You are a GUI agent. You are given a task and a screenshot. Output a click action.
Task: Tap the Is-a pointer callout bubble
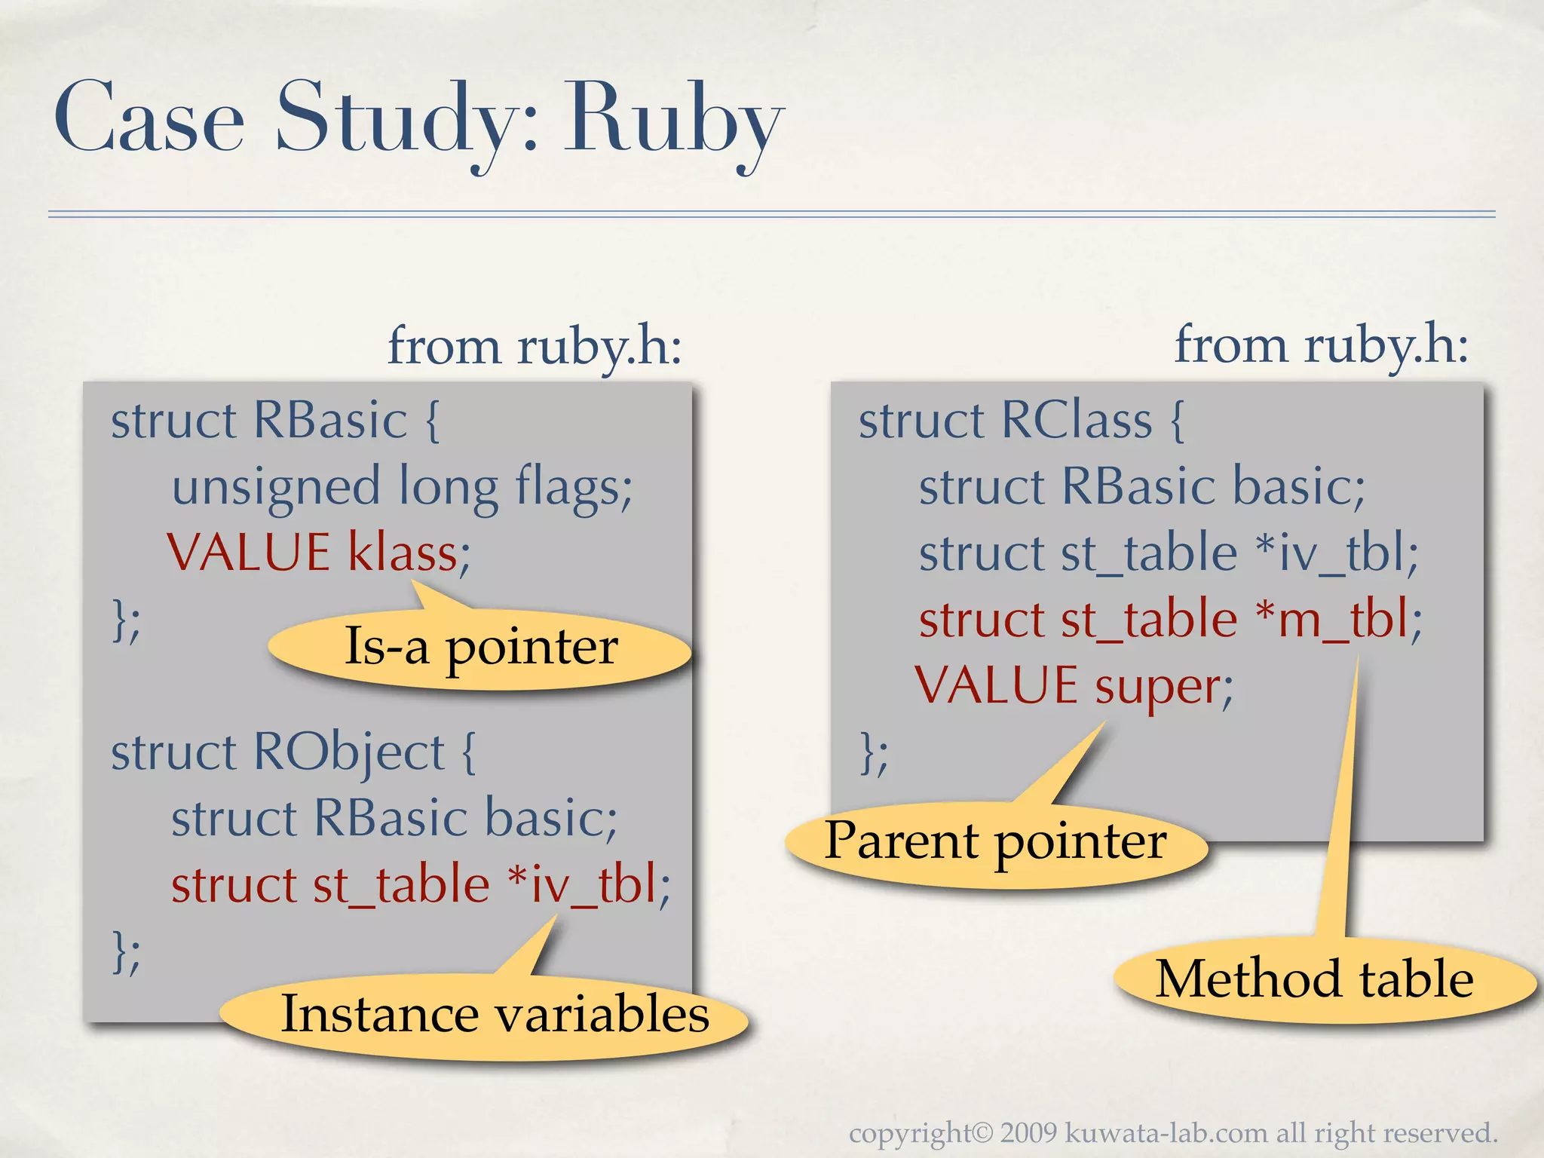[x=480, y=648]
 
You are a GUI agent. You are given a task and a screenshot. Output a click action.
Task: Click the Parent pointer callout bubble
[x=995, y=842]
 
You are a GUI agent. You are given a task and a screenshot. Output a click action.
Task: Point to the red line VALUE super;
[x=1074, y=686]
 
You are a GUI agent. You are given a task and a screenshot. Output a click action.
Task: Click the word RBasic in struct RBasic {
[x=330, y=420]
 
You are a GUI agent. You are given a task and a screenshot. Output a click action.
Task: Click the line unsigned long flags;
[x=402, y=487]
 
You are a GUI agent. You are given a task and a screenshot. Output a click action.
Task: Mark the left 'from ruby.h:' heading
[x=535, y=346]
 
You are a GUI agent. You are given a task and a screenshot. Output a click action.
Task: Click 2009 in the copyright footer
[x=1030, y=1133]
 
